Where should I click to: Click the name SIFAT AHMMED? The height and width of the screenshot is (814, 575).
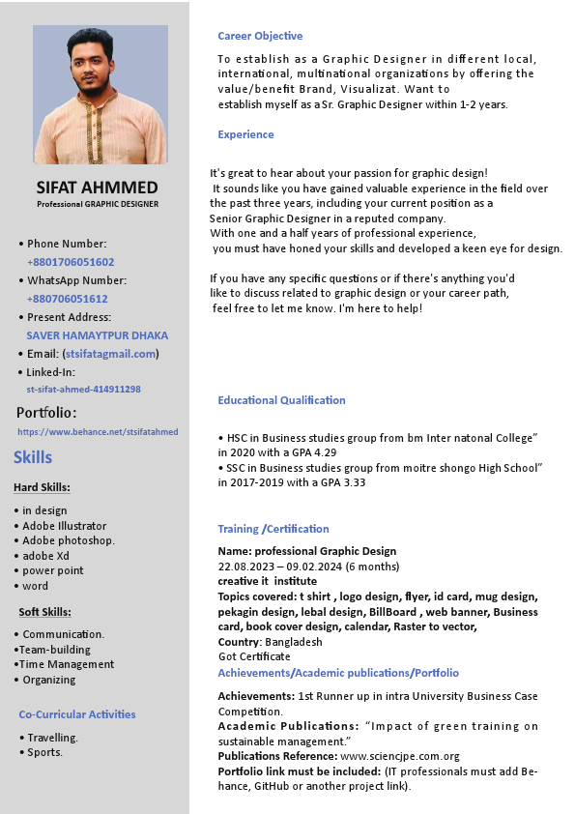(97, 187)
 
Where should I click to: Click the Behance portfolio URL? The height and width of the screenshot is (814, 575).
(98, 432)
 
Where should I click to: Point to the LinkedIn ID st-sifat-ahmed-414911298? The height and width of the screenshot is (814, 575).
(84, 390)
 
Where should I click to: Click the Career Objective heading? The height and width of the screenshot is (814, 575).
(260, 36)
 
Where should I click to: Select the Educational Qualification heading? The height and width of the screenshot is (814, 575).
(281, 400)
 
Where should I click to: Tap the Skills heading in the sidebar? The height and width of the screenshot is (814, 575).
(33, 457)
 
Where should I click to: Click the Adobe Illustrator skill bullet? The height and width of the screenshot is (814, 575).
(65, 526)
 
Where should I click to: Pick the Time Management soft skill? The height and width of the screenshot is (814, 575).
(67, 664)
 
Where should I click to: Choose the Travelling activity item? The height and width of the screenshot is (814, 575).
(53, 738)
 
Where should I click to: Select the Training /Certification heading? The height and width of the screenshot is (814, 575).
(273, 529)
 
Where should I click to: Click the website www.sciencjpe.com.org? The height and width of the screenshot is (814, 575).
(400, 756)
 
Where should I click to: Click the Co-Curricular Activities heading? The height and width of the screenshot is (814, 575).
(77, 714)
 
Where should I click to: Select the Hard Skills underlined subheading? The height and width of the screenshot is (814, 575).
(42, 487)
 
